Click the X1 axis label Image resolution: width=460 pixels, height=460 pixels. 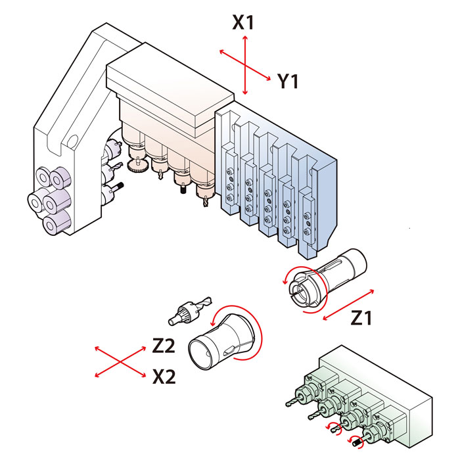(243, 22)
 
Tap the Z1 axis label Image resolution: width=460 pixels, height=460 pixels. (361, 317)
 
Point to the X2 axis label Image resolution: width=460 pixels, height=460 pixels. (164, 377)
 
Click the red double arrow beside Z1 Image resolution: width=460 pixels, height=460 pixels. (348, 305)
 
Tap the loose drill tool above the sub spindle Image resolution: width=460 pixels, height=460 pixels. (190, 311)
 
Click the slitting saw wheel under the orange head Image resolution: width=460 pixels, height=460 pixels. (137, 166)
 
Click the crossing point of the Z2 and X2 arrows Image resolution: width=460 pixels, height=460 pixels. (120, 362)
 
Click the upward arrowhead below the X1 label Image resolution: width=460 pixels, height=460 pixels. (245, 39)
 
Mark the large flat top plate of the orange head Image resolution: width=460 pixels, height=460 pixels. (170, 85)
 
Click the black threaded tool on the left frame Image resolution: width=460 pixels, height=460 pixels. (119, 186)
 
